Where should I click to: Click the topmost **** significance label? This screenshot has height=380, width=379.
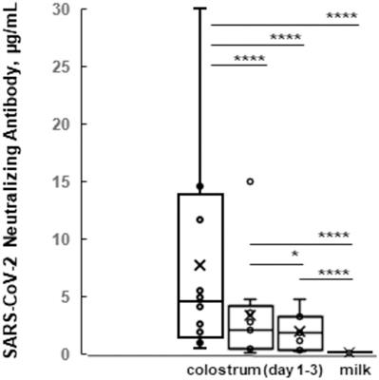[342, 15]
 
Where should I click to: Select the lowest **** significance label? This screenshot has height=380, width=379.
[334, 272]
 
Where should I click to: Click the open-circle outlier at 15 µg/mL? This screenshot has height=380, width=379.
[250, 181]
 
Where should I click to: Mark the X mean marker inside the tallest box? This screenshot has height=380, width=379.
[200, 265]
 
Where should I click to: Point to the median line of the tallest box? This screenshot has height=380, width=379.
[200, 301]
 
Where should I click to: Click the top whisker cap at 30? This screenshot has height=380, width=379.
[200, 9]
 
